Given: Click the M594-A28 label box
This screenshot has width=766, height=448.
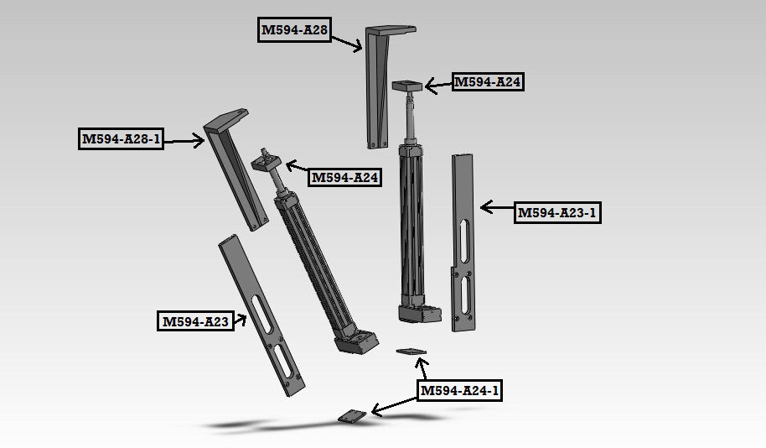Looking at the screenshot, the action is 294,30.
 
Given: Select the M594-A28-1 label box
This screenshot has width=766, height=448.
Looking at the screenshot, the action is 121,139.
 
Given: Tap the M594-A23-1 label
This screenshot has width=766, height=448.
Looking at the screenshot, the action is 557,213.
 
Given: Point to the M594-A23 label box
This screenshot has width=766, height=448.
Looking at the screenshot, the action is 195,321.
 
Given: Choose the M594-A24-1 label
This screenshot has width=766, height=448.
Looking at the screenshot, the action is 460,390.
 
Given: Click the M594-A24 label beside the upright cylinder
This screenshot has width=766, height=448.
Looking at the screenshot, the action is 488,81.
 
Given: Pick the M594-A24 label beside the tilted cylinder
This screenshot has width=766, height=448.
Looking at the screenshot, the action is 345,177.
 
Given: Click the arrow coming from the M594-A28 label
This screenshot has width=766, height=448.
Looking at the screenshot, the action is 347,43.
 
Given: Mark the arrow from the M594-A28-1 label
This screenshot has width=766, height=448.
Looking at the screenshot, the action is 184,141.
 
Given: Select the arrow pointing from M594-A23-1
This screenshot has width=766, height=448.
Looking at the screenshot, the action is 497,208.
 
